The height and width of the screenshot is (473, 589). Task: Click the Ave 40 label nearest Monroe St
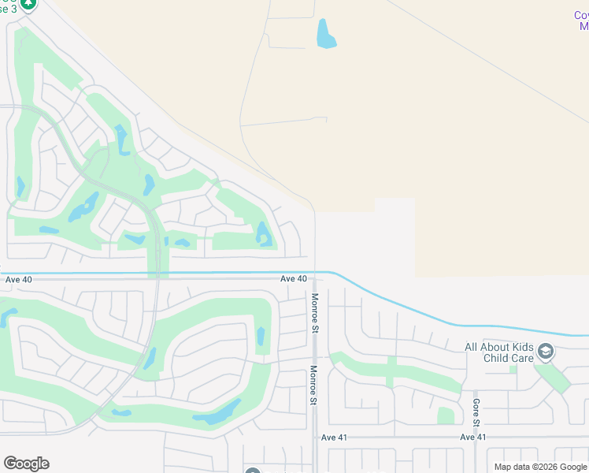pos(294,279)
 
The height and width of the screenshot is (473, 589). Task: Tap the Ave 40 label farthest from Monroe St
pos(19,279)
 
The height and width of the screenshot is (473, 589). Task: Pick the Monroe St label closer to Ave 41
pos(313,386)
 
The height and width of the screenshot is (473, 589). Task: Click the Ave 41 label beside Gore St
pos(473,437)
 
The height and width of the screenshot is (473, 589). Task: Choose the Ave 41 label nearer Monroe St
pos(334,437)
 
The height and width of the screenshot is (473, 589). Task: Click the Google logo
pos(26,464)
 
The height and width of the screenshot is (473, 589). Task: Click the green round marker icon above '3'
pos(28,4)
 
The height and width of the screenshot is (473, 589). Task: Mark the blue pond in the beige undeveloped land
pos(325,33)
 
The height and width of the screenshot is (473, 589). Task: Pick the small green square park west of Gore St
pos(446,415)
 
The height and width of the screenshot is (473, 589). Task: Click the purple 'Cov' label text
pos(581,16)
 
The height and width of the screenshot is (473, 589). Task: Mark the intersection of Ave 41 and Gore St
pos(476,437)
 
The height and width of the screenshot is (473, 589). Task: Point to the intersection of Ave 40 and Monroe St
pos(315,278)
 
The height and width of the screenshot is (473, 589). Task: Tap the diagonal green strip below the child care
pos(557,377)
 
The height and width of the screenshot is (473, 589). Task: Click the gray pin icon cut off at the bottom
pos(252,471)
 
